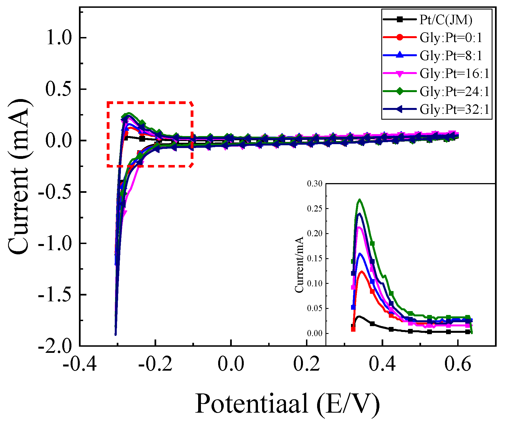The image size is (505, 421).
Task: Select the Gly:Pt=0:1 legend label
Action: click(451, 38)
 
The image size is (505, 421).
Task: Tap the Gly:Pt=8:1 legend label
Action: click(451, 55)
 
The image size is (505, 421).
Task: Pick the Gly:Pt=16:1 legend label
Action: click(454, 73)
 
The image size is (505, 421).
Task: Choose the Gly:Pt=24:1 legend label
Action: click(454, 91)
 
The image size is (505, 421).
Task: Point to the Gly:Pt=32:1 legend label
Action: click(454, 109)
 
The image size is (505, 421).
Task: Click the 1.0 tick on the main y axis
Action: click(59, 38)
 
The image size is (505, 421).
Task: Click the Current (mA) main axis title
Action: click(19, 176)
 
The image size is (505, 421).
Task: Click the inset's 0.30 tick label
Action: click(315, 184)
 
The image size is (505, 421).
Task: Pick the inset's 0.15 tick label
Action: click(315, 258)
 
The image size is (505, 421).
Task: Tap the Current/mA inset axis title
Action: click(299, 265)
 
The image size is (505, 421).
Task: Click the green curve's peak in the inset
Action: click(360, 200)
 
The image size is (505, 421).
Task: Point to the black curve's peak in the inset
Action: click(359, 316)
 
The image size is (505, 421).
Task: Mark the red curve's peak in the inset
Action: click(362, 272)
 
